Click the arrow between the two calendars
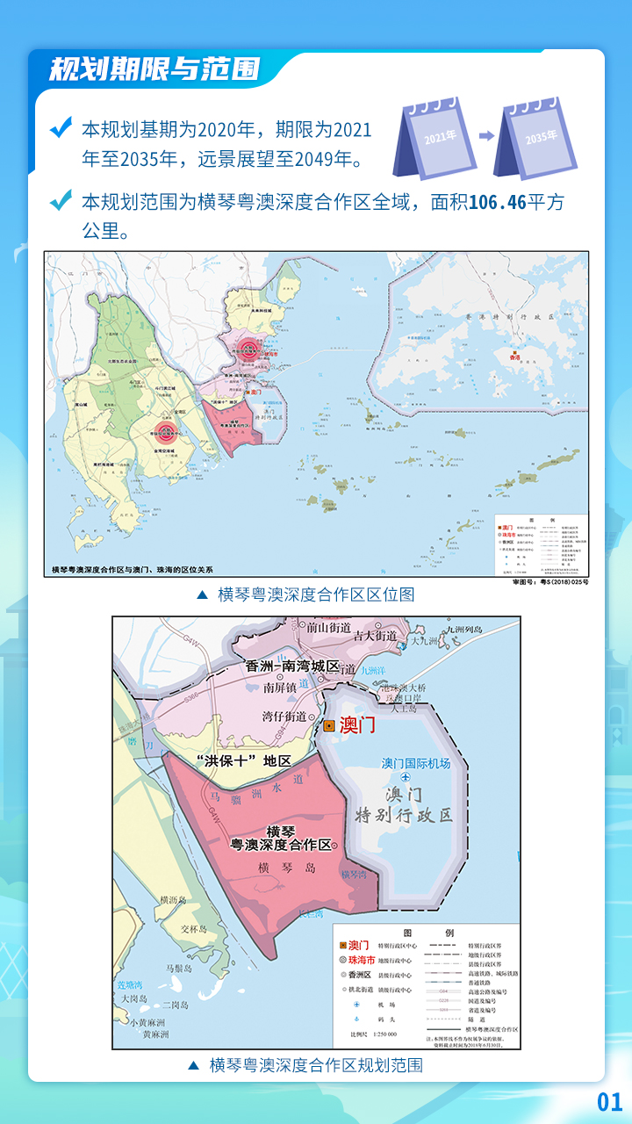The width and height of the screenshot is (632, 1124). [486, 136]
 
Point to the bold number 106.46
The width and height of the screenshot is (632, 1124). [497, 203]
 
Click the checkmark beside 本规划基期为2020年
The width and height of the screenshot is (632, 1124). [61, 129]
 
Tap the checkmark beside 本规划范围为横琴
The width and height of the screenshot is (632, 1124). [61, 201]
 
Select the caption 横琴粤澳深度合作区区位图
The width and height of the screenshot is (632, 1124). [316, 594]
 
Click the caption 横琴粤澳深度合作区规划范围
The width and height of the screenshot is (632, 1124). [316, 1065]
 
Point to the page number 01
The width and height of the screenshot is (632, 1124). [609, 1102]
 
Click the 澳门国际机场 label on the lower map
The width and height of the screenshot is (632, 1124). [416, 763]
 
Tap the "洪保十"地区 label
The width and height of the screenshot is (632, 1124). [243, 760]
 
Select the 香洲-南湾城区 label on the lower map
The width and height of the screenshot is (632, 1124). [293, 666]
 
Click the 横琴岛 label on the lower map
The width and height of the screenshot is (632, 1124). [275, 868]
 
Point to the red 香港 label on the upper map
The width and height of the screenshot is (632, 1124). [516, 357]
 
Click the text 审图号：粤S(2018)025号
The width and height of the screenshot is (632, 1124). [550, 582]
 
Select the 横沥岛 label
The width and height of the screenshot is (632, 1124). [175, 900]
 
